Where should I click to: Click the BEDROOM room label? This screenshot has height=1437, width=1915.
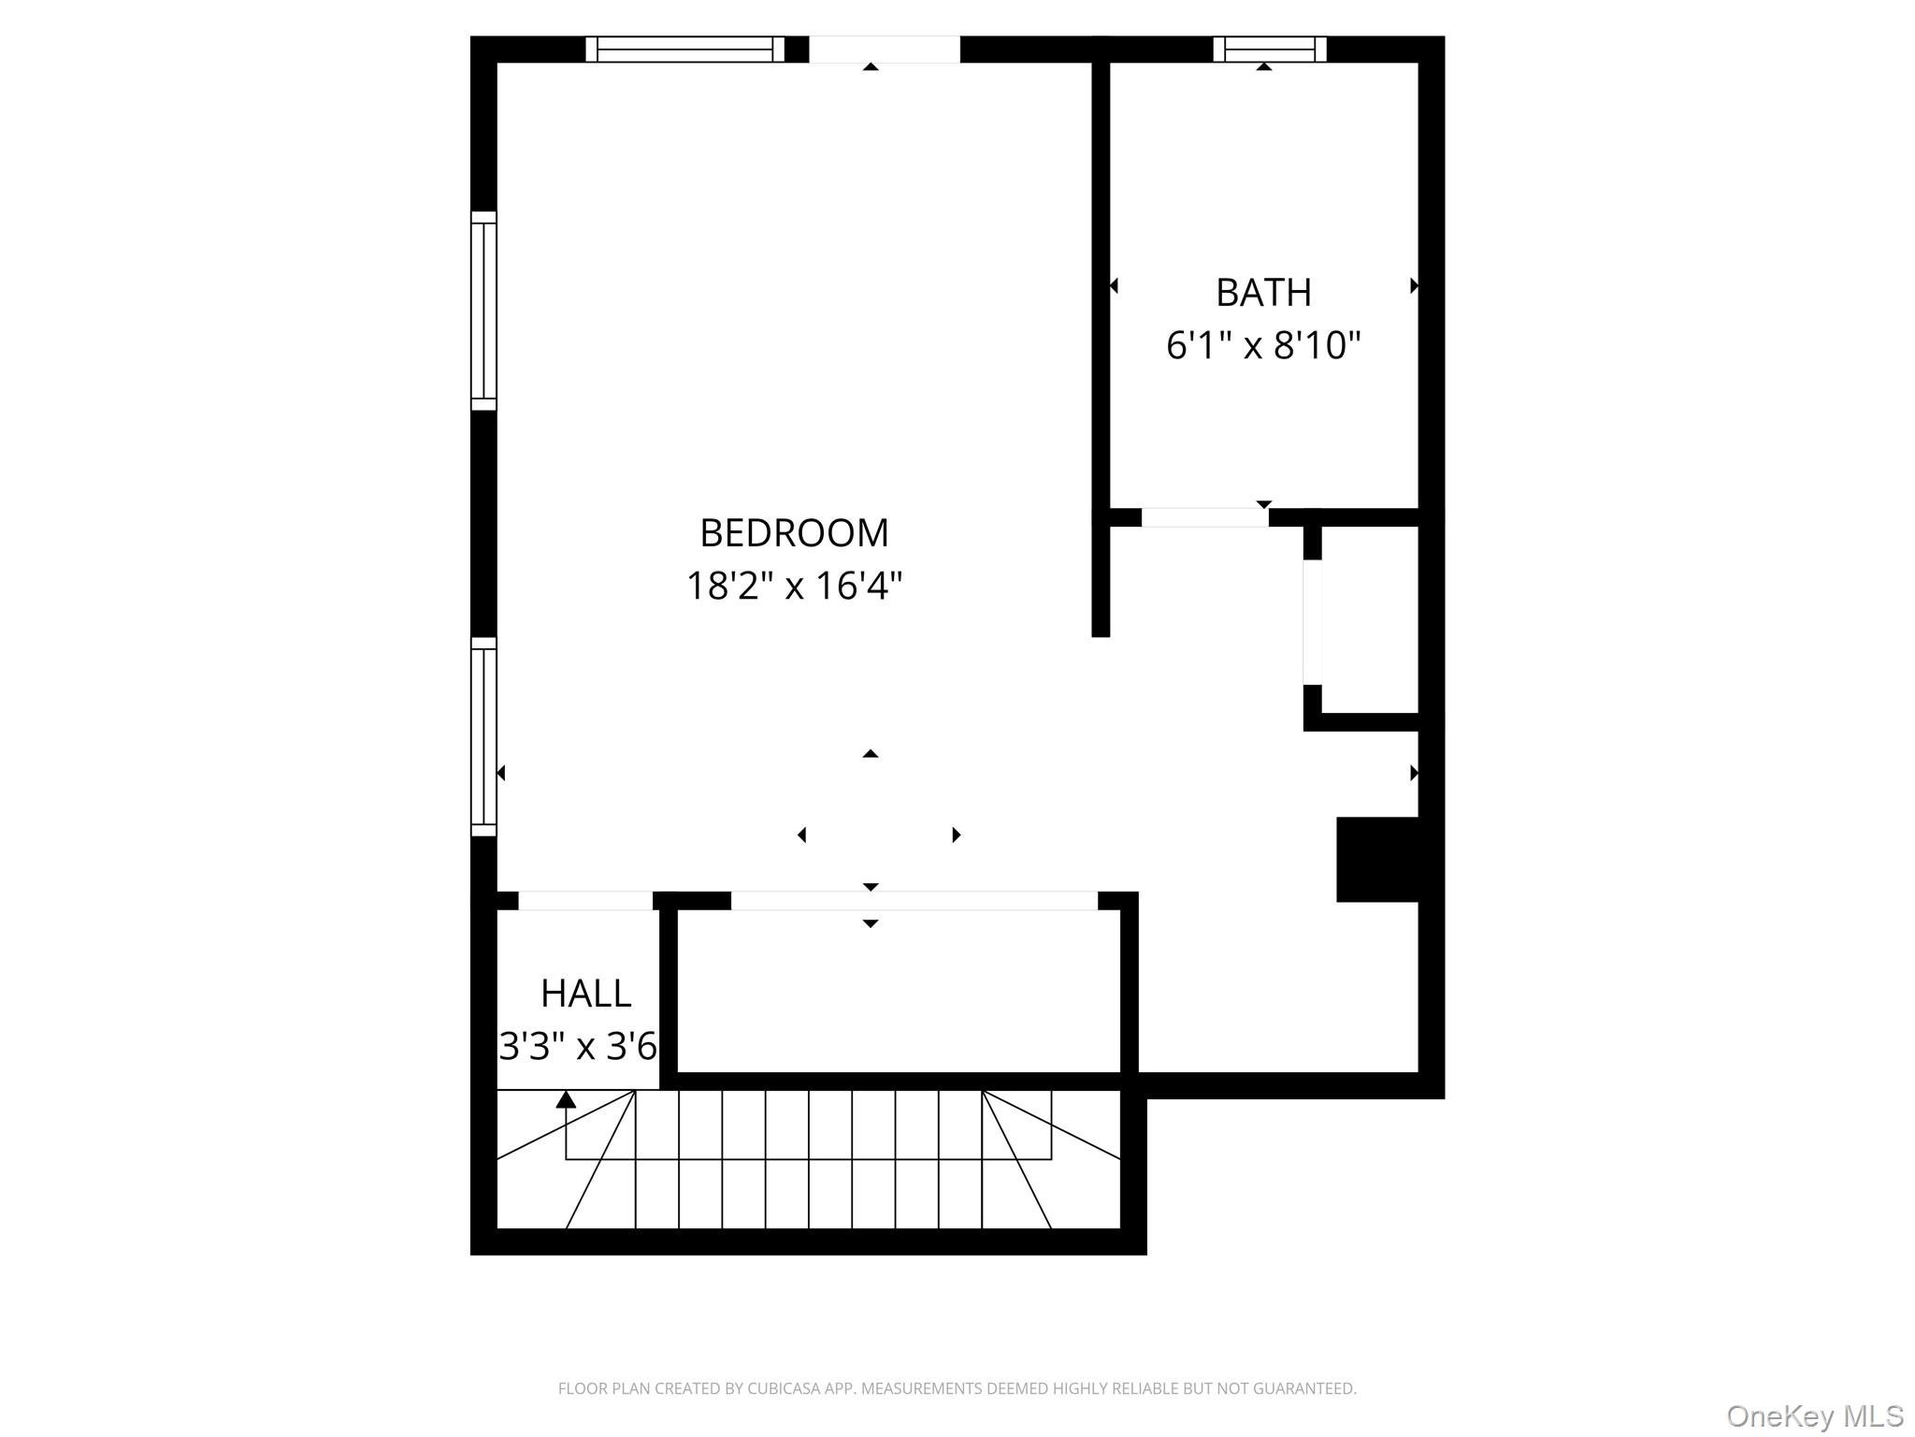click(794, 533)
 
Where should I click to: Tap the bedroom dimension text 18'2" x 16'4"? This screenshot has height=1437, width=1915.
click(794, 587)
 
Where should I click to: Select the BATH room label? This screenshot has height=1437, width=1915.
click(1263, 293)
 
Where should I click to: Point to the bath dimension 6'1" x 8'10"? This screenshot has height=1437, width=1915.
click(1263, 345)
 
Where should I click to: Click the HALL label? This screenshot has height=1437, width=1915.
click(586, 994)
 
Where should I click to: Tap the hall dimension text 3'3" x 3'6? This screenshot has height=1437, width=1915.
click(578, 1046)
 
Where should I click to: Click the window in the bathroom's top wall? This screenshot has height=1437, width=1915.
click(1269, 49)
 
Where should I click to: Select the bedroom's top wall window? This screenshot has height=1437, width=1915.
click(685, 49)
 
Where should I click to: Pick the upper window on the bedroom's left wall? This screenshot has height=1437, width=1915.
click(483, 311)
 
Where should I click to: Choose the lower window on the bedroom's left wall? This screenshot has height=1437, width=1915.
click(483, 736)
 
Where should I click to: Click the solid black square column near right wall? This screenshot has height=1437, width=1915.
click(1377, 859)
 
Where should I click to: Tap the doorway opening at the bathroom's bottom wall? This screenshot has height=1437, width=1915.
click(1204, 517)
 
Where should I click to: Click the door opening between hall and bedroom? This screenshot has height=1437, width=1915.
click(585, 901)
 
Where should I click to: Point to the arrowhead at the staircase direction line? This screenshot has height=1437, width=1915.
click(566, 1100)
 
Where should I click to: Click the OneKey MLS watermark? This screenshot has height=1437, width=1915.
click(1814, 1415)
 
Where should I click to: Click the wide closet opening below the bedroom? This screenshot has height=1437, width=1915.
click(914, 901)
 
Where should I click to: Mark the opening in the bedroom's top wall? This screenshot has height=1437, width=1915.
click(884, 49)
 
